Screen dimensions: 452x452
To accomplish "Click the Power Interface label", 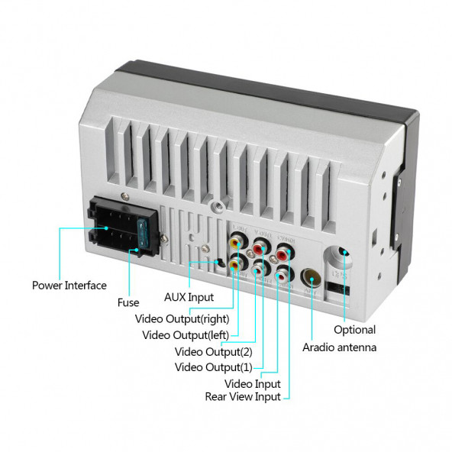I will point(69,286).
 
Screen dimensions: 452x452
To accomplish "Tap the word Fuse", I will point(128,302).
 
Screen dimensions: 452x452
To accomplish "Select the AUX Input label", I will point(189,298).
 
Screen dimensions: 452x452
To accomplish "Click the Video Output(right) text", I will point(182,318).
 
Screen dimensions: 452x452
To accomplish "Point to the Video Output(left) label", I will point(186,335).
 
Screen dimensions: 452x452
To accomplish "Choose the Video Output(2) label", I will point(213,352).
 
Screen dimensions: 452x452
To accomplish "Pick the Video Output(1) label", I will point(213,367).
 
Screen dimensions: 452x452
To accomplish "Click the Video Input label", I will point(252,383).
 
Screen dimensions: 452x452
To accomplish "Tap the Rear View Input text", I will point(243,396).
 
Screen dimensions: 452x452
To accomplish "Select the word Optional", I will point(354,330).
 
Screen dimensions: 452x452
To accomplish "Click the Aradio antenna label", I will point(340,347).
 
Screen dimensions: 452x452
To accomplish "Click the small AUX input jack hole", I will point(219,263).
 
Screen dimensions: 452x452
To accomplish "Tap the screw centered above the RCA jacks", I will point(219,204).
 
